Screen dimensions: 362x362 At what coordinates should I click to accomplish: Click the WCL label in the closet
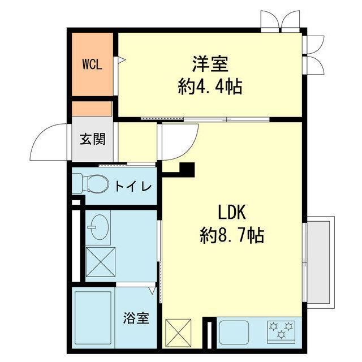point(92,64)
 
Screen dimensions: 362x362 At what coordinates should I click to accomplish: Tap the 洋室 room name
point(210,64)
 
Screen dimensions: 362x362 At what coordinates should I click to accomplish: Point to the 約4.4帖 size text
point(210,87)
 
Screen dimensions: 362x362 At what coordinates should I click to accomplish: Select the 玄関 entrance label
point(93,139)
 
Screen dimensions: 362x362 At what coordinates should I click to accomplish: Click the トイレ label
point(133,186)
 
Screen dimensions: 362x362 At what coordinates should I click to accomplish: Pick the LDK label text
point(232,212)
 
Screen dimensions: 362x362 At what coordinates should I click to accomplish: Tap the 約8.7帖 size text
point(232,235)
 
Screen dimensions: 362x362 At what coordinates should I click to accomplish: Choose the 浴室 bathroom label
point(136,318)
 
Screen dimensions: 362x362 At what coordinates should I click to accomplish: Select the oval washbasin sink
point(100,227)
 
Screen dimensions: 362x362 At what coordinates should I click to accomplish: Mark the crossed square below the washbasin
point(101,261)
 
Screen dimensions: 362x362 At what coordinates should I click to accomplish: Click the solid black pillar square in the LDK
point(187,170)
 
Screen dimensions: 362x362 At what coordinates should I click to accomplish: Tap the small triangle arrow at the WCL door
point(122,60)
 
